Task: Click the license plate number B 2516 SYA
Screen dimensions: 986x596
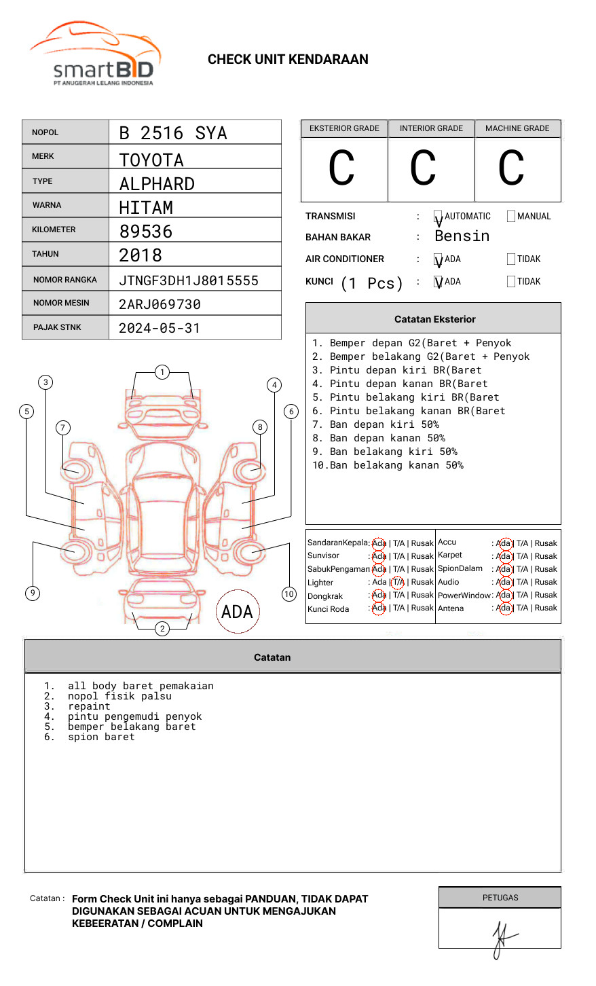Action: (173, 133)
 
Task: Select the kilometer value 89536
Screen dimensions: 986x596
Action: (146, 232)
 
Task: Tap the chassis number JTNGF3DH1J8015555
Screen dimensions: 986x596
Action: (189, 280)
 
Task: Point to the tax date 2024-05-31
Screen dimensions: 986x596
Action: (160, 328)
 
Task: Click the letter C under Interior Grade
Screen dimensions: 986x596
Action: (423, 168)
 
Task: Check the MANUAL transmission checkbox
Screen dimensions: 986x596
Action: (511, 217)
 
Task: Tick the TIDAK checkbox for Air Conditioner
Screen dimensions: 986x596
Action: (511, 259)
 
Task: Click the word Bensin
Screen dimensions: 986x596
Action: (462, 236)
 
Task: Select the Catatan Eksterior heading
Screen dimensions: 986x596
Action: (434, 319)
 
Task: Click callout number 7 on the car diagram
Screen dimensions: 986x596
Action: (63, 427)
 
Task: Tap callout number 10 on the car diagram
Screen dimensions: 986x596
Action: (289, 594)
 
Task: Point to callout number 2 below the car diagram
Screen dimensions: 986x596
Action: (162, 628)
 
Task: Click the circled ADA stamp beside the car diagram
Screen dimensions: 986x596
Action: (237, 612)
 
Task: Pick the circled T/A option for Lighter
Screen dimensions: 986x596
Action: (398, 582)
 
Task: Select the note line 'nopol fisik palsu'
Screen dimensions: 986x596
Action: (119, 696)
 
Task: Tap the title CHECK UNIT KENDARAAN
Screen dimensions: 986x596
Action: (288, 60)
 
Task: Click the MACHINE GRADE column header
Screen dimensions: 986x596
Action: (517, 128)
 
